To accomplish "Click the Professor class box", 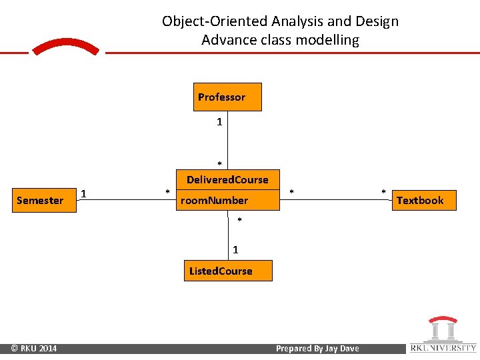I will click(x=227, y=97).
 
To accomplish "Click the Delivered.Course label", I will click(x=227, y=179).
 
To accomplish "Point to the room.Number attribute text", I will click(x=214, y=200).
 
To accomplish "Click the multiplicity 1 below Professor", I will click(x=219, y=122).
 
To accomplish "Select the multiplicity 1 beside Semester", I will click(x=83, y=194).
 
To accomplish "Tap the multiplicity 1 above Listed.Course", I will click(x=235, y=250).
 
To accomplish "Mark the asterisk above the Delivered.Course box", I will click(x=219, y=164).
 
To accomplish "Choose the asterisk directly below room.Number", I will click(x=240, y=221).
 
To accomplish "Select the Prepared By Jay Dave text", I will click(x=317, y=348).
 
